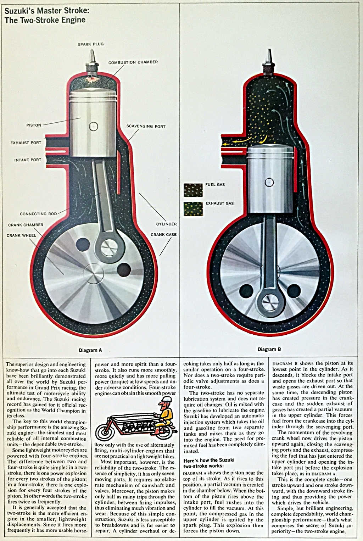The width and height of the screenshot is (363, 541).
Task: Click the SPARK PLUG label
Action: (91, 44)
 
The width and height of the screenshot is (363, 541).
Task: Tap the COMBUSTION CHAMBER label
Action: (133, 62)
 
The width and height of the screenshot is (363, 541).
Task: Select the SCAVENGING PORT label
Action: (146, 126)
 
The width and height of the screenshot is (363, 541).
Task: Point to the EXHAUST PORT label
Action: (26, 143)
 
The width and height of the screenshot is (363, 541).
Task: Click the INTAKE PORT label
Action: (28, 160)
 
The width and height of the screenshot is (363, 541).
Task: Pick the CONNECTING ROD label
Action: (38, 214)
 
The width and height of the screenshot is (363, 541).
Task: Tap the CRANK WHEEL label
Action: (21, 235)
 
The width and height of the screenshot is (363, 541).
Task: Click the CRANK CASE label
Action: (163, 235)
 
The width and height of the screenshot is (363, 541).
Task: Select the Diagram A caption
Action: (90, 350)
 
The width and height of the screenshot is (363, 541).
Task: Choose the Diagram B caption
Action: (269, 349)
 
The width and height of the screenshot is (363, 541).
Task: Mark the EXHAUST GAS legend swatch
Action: (193, 208)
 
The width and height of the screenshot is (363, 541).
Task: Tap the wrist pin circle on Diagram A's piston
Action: (94, 126)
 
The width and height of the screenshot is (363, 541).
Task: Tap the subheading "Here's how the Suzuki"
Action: (209, 460)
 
